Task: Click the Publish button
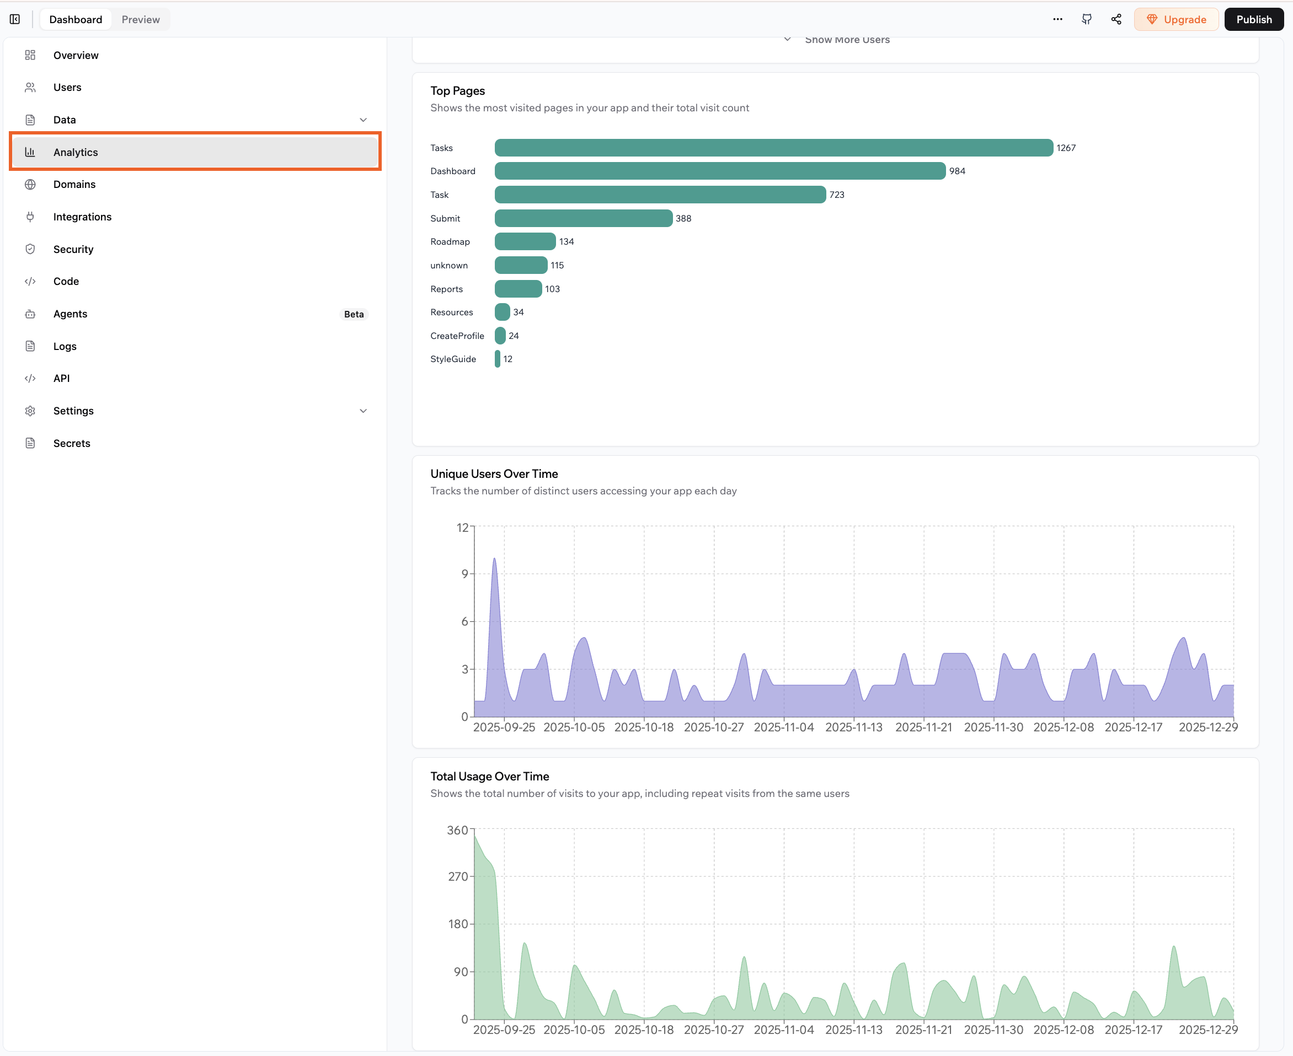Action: pos(1253,19)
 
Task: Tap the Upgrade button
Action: pos(1176,19)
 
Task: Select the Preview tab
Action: pos(141,19)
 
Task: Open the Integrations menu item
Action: pos(82,217)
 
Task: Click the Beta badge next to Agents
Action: pos(354,314)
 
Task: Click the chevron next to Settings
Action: pos(364,411)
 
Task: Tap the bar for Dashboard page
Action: pos(719,171)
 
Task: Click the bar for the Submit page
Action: pos(583,218)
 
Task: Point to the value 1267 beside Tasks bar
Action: pos(1066,148)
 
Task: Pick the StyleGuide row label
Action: pos(453,359)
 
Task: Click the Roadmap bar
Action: pos(525,241)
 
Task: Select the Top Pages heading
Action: pos(458,90)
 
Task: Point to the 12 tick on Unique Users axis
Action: pos(463,527)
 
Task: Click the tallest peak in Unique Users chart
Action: pos(494,559)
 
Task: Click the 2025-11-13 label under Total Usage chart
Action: pos(853,1029)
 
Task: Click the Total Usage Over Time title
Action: pos(489,776)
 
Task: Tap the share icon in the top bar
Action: pos(1116,19)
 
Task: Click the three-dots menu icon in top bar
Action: pos(1057,19)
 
